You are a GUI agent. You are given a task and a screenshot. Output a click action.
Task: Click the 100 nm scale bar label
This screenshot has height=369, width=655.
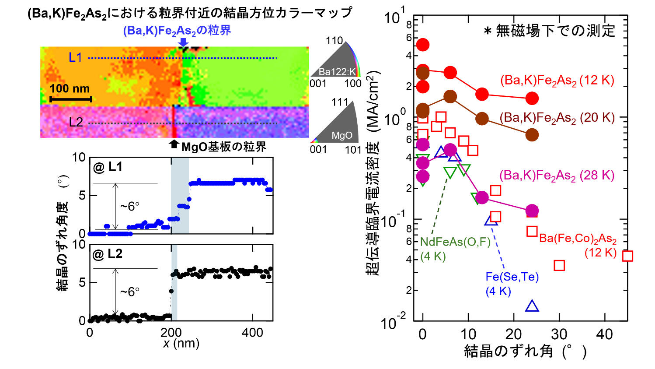pyautogui.click(x=70, y=89)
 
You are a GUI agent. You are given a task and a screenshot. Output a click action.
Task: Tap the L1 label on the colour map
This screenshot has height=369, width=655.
pyautogui.click(x=75, y=57)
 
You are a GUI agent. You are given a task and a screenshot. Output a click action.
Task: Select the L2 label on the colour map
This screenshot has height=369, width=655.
pyautogui.click(x=76, y=122)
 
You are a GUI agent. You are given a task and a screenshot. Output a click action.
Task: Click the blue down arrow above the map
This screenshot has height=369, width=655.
pyautogui.click(x=184, y=42)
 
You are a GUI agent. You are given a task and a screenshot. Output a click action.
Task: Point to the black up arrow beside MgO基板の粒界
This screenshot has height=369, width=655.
pyautogui.click(x=174, y=144)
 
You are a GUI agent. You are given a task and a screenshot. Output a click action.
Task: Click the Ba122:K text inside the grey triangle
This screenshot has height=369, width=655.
pyautogui.click(x=337, y=72)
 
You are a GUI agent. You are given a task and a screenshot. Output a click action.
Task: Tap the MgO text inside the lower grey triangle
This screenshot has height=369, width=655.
pyautogui.click(x=341, y=135)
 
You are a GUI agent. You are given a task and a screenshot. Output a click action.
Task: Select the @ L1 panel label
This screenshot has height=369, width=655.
pyautogui.click(x=108, y=167)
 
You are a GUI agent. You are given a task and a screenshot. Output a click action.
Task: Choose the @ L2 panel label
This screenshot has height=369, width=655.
pyautogui.click(x=108, y=254)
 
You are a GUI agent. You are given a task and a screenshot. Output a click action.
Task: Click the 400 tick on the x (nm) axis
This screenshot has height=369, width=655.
pyautogui.click(x=252, y=333)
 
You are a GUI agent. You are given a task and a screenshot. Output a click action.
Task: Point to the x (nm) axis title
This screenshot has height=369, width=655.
pyautogui.click(x=181, y=344)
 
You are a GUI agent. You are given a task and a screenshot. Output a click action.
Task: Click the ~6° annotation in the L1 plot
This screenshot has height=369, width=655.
pyautogui.click(x=130, y=206)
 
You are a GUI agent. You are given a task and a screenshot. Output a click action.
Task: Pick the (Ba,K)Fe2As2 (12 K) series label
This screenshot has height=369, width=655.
pyautogui.click(x=557, y=81)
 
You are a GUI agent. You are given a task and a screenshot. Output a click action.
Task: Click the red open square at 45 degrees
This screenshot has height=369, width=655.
pyautogui.click(x=627, y=256)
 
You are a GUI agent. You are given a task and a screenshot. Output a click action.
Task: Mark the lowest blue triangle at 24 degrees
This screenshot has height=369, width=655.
pyautogui.click(x=532, y=306)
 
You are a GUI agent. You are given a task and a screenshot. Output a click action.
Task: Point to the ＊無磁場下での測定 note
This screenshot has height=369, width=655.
pyautogui.click(x=549, y=31)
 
